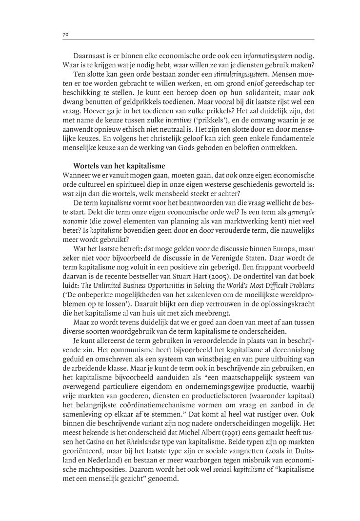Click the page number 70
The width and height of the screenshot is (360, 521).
[65, 35]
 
